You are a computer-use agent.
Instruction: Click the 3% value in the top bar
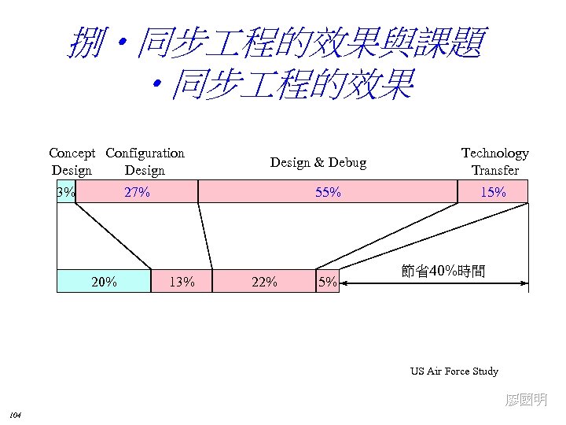tap(66, 192)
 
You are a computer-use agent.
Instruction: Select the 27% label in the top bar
tap(138, 192)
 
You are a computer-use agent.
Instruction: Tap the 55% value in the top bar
tap(328, 192)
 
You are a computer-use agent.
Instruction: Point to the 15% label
tap(493, 192)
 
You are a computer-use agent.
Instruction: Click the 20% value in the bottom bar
tap(105, 281)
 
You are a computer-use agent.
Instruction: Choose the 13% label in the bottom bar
tap(182, 281)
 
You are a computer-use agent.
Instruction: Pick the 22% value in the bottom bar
tap(263, 281)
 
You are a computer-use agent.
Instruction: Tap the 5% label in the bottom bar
tap(327, 281)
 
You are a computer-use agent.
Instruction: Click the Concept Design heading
tap(72, 161)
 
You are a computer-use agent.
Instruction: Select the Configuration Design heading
tap(145, 161)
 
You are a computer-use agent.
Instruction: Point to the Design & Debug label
tap(318, 162)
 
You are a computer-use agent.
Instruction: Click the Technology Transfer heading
tap(494, 161)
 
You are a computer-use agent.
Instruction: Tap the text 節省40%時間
tap(443, 272)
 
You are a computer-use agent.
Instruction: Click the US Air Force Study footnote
tap(454, 371)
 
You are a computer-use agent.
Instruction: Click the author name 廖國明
tap(526, 400)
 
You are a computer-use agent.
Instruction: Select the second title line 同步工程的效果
tap(283, 84)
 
